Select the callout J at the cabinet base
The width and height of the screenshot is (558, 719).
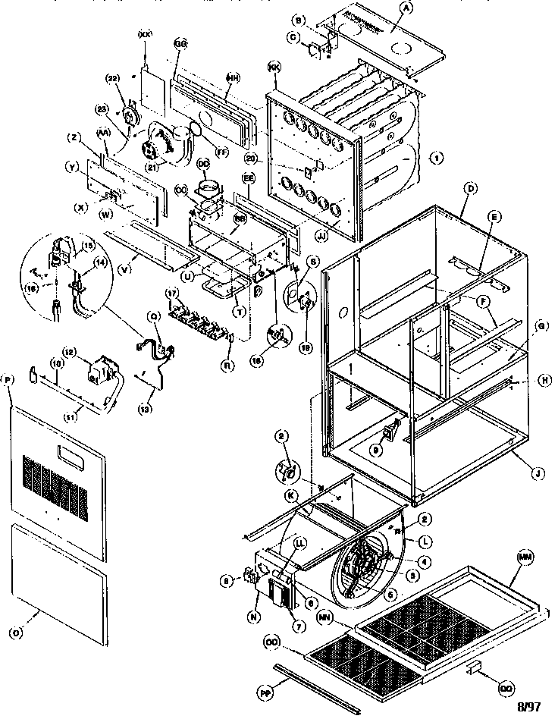537,476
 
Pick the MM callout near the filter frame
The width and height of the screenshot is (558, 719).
523,557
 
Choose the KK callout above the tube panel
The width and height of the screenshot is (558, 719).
274,68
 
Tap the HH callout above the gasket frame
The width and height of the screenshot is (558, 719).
233,77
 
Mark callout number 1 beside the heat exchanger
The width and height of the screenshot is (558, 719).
436,158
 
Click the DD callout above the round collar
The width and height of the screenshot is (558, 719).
203,163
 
